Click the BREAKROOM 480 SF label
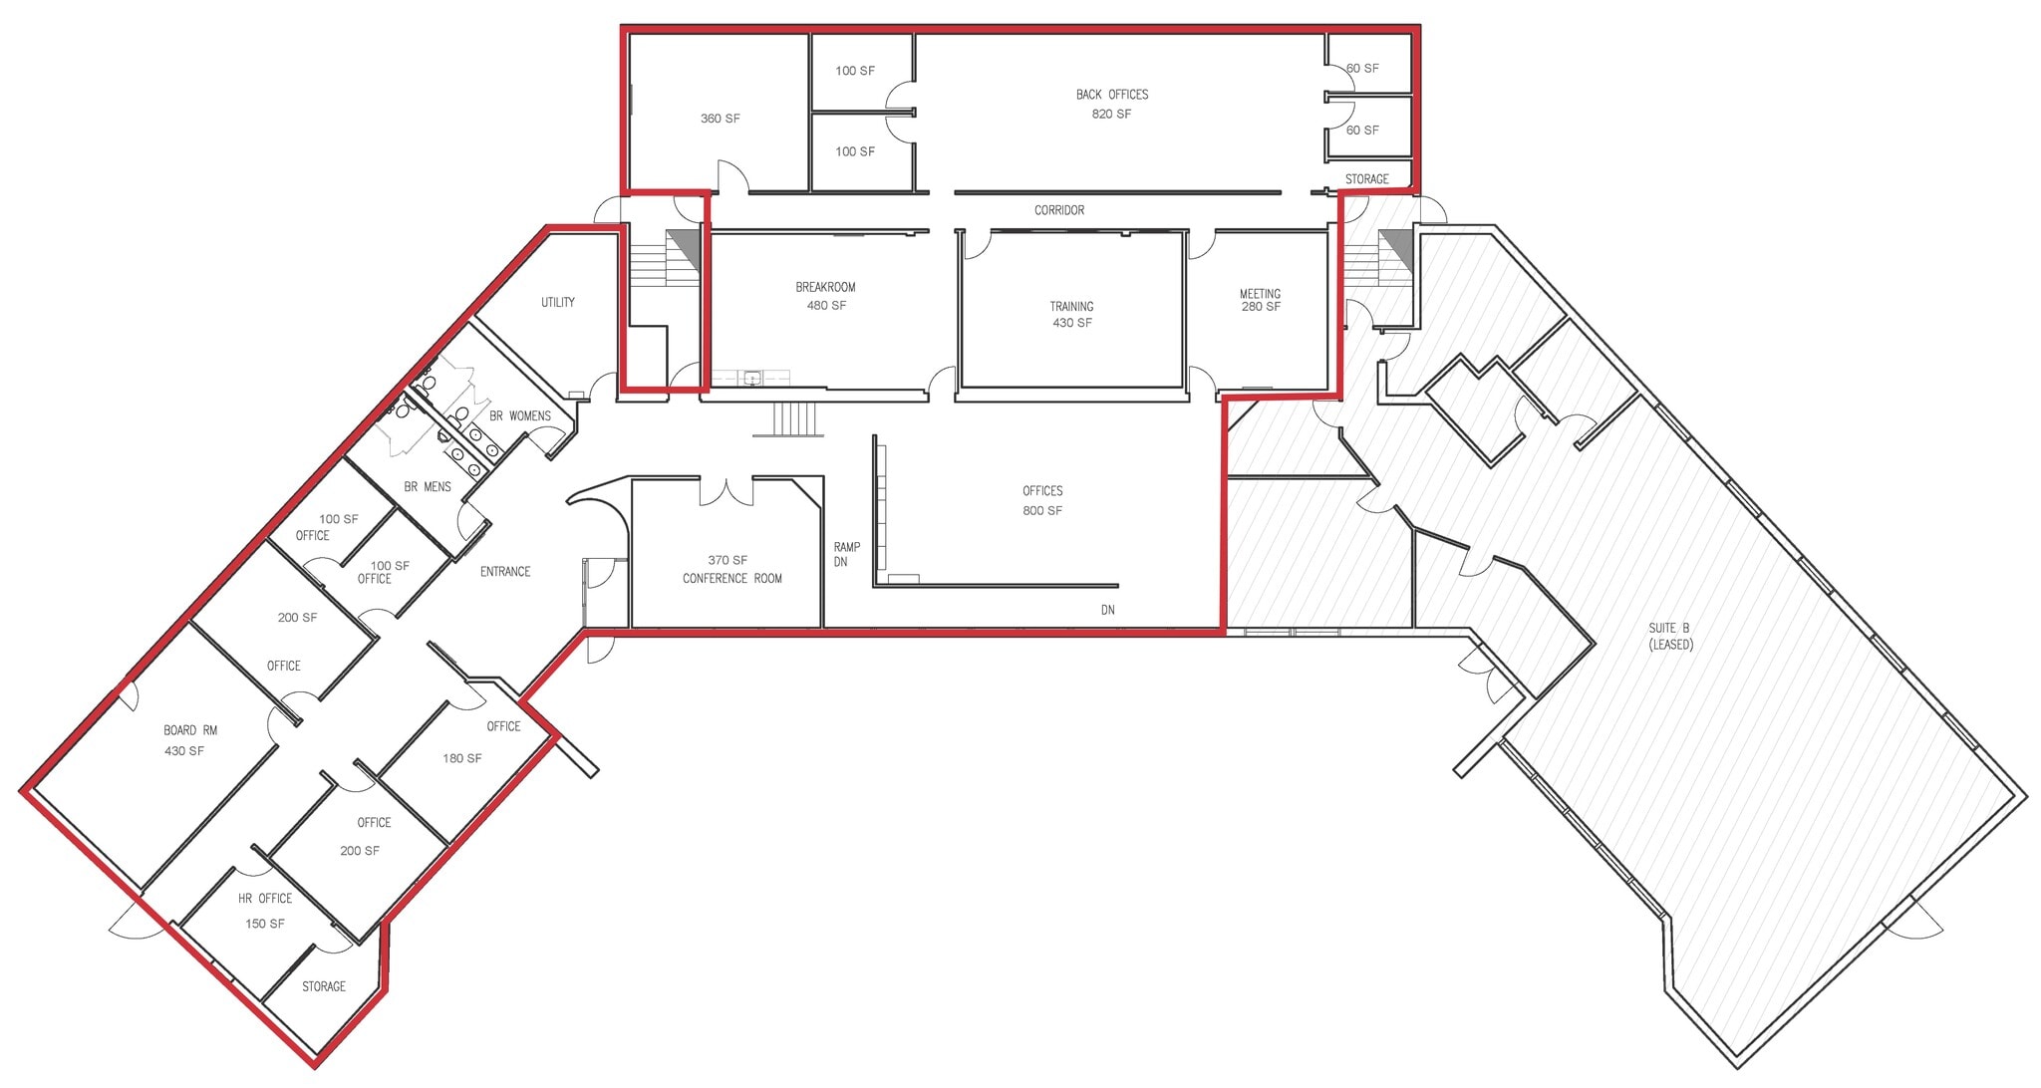pos(825,296)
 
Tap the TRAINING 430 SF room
pos(1071,314)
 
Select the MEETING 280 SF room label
pos(1260,300)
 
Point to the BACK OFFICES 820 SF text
pos(1111,104)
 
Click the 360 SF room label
pos(720,119)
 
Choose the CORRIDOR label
pos(1058,210)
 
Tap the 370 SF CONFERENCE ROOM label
pos(731,569)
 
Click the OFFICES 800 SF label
pos(1042,500)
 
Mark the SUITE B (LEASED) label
pos(1669,636)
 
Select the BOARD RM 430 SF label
pos(189,740)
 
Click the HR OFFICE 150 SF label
pos(265,911)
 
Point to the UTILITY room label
pos(557,302)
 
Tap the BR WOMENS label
pos(519,415)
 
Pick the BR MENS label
pos(427,486)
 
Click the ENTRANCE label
pos(504,571)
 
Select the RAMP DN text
pos(846,554)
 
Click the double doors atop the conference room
pos(726,491)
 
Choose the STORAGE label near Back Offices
pos(1366,179)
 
